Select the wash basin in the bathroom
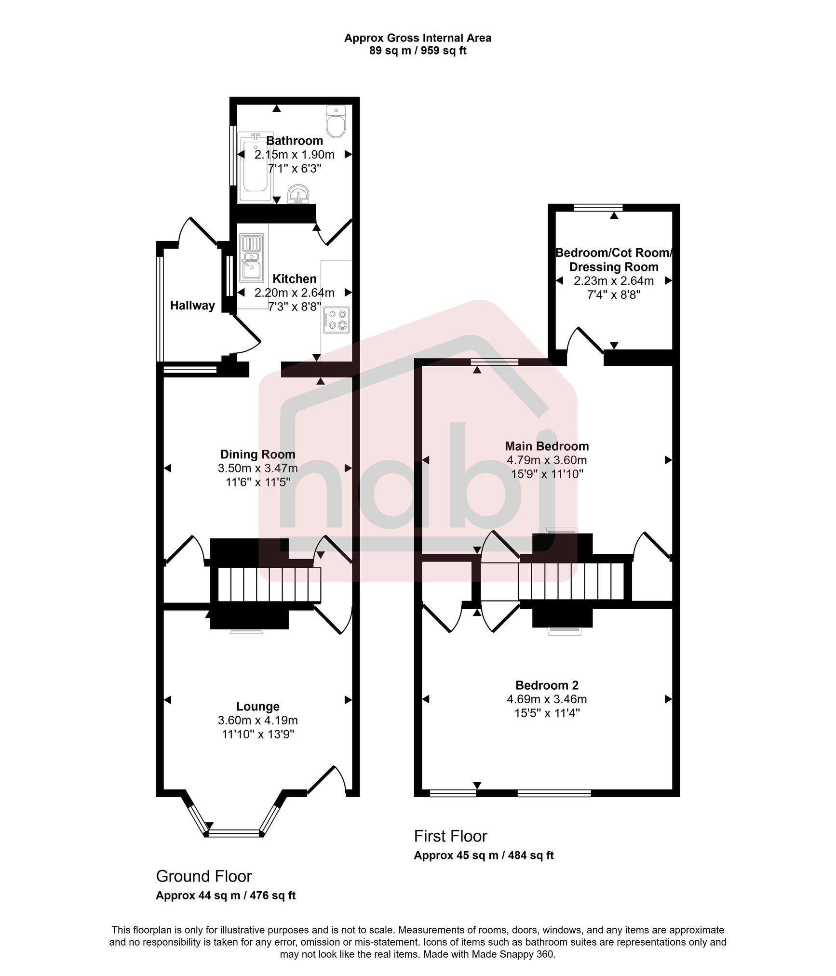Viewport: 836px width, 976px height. (298, 195)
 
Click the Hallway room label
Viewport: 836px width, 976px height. (192, 306)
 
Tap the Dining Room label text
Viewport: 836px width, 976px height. (257, 455)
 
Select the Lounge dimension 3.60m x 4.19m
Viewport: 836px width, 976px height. (257, 721)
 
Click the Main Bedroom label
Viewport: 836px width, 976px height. (547, 446)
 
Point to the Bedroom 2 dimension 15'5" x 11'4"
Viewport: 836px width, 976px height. (547, 713)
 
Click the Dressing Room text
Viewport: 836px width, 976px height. (614, 267)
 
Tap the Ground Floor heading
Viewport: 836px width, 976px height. (203, 876)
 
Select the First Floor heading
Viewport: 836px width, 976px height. (450, 836)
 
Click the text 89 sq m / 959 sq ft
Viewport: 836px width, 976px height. (418, 51)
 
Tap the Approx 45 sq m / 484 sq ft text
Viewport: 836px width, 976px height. (484, 856)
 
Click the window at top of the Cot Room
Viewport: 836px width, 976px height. (598, 208)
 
